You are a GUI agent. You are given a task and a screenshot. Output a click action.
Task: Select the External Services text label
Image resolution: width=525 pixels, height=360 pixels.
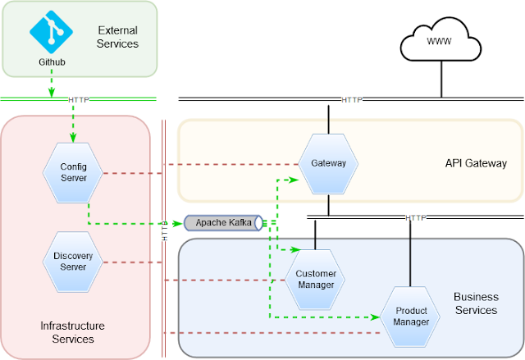click(117, 36)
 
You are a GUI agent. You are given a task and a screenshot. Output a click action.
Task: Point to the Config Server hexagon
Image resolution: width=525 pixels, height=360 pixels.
click(73, 173)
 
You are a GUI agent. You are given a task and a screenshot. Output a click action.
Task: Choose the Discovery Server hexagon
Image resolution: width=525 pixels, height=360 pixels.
click(73, 262)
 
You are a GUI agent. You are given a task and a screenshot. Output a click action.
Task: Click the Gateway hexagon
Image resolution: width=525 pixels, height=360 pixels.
click(328, 163)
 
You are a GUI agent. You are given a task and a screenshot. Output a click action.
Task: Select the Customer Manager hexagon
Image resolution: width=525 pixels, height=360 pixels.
click(316, 279)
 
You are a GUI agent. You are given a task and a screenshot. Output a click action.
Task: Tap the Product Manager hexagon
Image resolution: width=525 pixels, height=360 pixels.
click(411, 316)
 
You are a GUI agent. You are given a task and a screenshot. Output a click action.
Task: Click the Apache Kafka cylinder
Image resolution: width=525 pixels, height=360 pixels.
click(223, 222)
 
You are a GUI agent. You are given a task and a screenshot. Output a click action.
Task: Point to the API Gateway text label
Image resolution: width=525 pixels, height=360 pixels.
click(476, 163)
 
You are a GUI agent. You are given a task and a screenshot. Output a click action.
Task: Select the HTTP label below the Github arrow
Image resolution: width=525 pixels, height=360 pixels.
click(78, 99)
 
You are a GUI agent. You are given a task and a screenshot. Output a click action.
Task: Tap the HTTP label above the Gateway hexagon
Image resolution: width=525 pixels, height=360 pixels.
click(351, 99)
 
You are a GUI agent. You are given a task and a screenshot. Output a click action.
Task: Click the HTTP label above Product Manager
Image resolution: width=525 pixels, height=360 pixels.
click(416, 217)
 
